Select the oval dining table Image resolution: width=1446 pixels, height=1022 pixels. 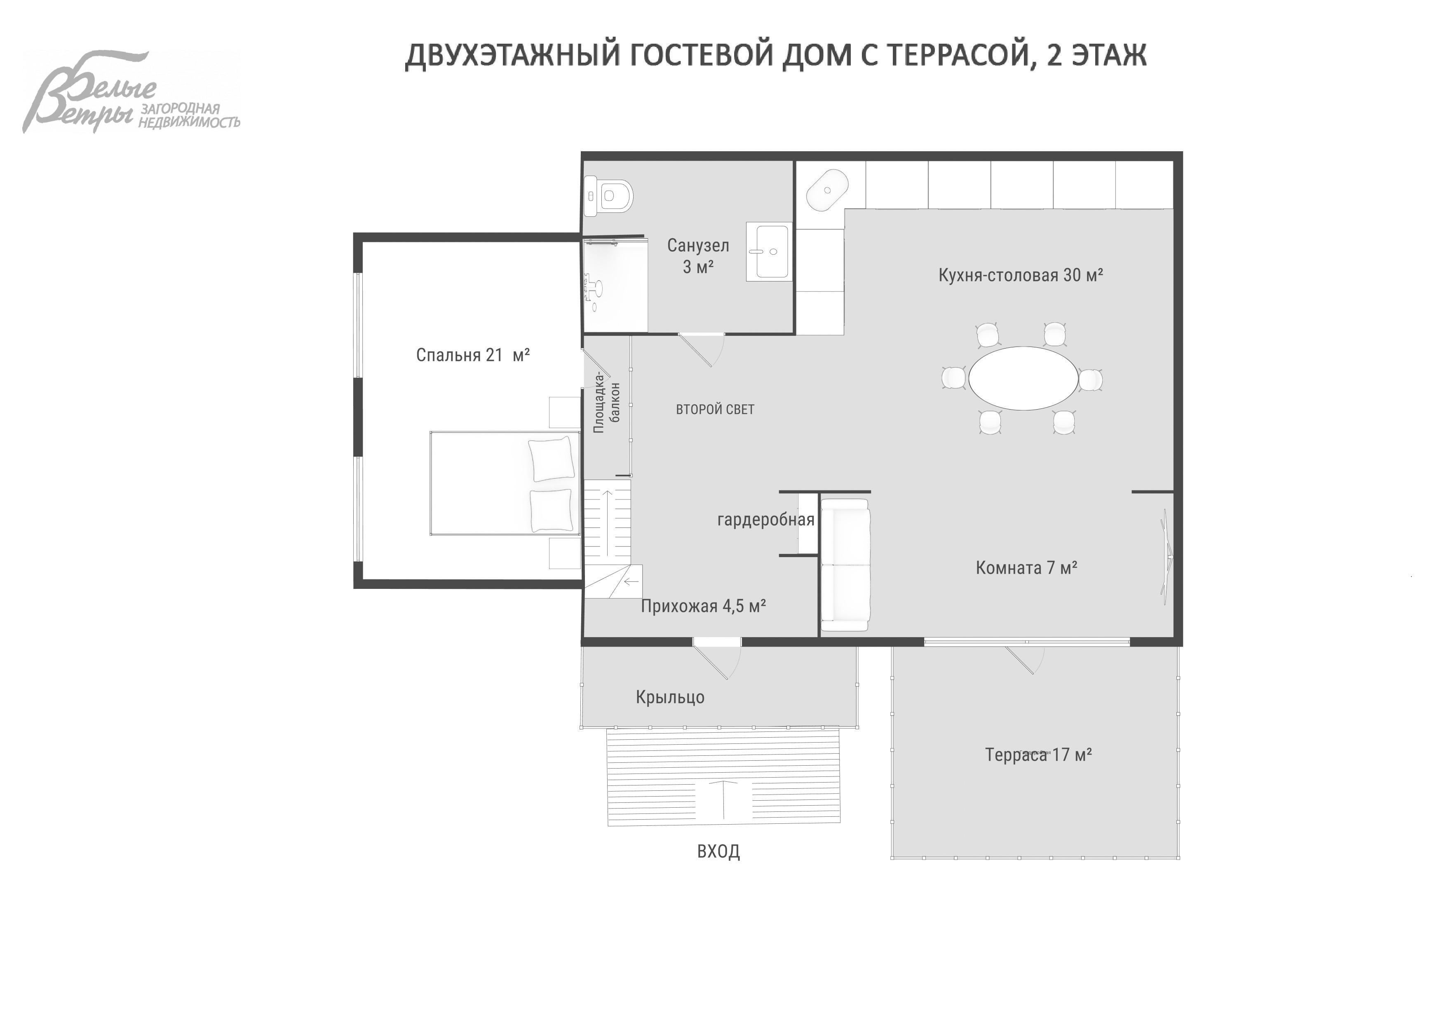[x=1023, y=378]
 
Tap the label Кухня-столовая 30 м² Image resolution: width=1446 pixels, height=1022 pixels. [x=1020, y=275]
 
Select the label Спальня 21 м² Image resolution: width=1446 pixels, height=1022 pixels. [x=472, y=355]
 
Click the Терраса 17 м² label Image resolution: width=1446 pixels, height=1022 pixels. [x=1038, y=755]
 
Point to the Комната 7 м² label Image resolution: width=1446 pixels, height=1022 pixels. [x=1026, y=568]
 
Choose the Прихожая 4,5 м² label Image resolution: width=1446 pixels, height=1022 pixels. [x=703, y=606]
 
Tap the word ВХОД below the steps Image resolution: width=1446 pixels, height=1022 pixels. [x=718, y=851]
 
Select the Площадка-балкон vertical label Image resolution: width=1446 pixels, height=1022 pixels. [x=606, y=403]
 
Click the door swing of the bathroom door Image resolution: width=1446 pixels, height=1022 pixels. [x=705, y=349]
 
